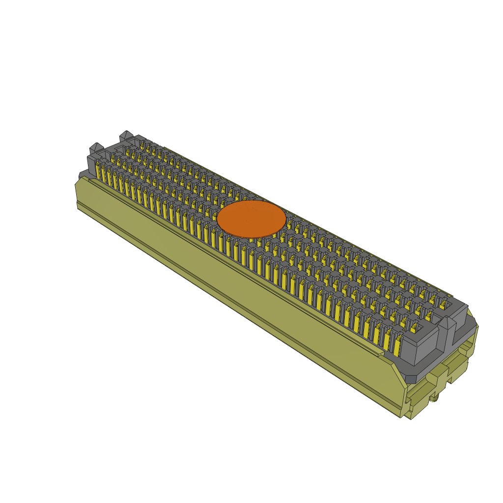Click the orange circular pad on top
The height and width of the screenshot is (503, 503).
[251, 219]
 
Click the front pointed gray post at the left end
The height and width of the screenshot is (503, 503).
[95, 147]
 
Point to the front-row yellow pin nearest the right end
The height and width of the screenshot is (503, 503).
[397, 347]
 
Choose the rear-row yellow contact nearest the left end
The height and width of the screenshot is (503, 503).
[142, 145]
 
